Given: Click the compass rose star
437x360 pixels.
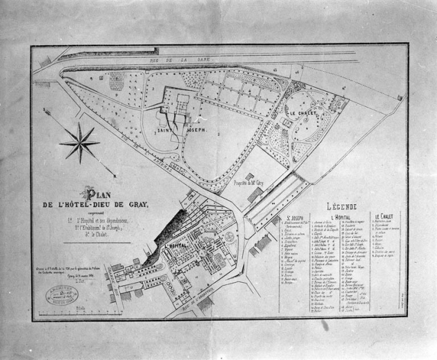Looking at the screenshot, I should [x=80, y=143].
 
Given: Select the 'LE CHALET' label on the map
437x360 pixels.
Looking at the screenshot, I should [x=301, y=112].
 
